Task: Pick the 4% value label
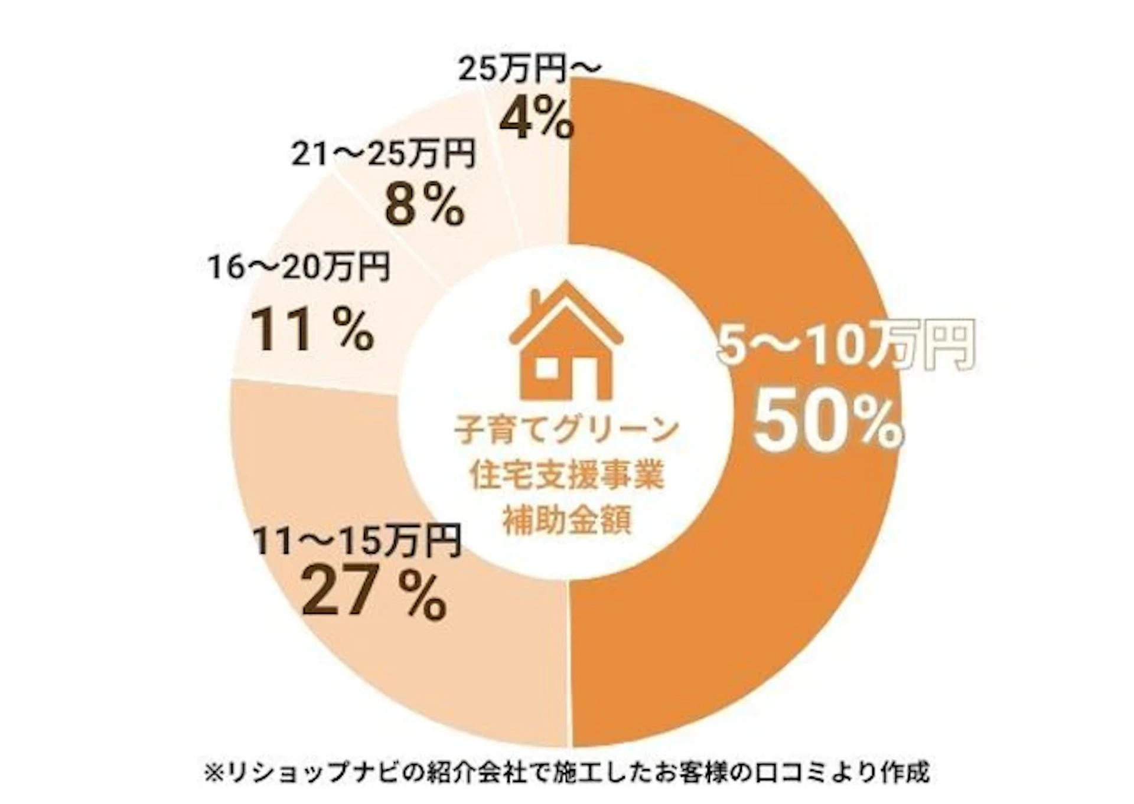[x=536, y=119]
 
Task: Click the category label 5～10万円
[x=845, y=347]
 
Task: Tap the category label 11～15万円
[x=357, y=541]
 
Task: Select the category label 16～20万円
[x=299, y=267]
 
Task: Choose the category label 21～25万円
[x=383, y=155]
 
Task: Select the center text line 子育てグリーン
[x=566, y=430]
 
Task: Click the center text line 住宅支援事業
[x=566, y=476]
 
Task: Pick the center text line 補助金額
[x=566, y=521]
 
